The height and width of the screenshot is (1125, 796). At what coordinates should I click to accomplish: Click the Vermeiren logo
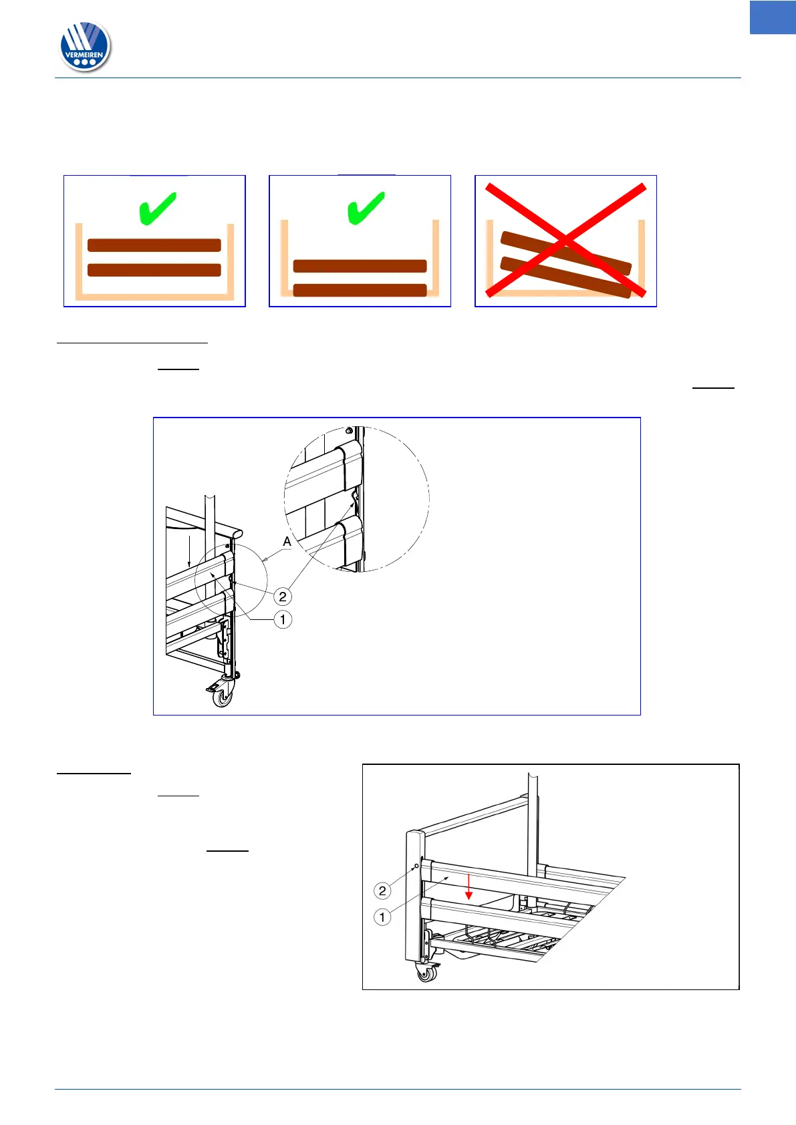pos(85,46)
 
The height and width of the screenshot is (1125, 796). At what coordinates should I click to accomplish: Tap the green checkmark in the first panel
pos(157,208)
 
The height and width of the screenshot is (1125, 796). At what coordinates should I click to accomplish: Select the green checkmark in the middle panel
pos(366,208)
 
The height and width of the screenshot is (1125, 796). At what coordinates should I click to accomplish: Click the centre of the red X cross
pos(565,240)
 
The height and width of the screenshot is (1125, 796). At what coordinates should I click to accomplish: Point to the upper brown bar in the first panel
pos(154,245)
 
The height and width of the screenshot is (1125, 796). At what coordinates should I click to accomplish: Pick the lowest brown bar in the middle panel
pos(360,291)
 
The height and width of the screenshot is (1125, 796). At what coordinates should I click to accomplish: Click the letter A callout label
pos(287,541)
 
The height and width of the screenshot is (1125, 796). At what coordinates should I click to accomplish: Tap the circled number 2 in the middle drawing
pos(283,597)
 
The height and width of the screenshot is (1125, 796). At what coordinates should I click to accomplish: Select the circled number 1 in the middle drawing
pos(283,620)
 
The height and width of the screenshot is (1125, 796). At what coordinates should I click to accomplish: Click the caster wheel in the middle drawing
pos(223,696)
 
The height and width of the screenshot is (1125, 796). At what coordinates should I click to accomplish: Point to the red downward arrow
pos(469,887)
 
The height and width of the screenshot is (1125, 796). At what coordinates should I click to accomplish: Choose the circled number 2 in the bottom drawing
pos(382,891)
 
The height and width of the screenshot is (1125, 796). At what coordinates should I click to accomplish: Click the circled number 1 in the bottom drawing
pos(382,918)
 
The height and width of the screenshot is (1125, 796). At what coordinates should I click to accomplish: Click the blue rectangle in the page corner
pos(773,17)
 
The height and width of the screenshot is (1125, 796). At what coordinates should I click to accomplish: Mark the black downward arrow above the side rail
pos(189,551)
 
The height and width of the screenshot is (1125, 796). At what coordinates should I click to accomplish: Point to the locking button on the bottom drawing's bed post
pos(416,866)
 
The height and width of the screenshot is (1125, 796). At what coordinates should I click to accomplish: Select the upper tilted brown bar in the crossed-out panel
pos(566,253)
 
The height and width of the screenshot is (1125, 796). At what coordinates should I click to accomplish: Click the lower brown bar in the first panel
pos(154,270)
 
